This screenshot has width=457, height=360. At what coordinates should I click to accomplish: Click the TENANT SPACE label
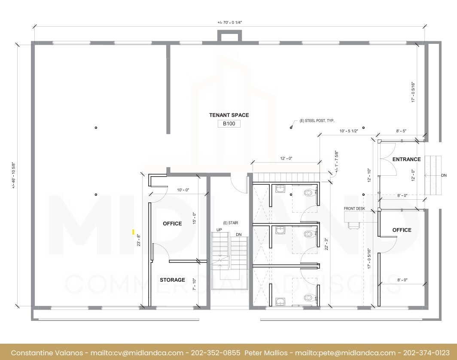(x=229, y=115)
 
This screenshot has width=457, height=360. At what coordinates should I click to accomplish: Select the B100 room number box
(x=229, y=124)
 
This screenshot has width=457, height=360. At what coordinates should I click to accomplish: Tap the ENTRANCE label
(x=406, y=159)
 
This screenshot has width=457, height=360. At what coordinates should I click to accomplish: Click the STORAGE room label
(x=172, y=280)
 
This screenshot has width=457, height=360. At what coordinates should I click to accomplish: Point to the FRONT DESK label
(x=354, y=209)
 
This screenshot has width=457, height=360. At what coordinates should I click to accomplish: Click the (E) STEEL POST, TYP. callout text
(x=317, y=121)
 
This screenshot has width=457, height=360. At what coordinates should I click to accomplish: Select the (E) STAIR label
(x=230, y=223)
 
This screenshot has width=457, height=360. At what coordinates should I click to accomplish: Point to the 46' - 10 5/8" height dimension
(x=14, y=175)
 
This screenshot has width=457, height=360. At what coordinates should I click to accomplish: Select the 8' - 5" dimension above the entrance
(x=402, y=131)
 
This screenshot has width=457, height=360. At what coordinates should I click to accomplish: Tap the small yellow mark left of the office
(x=133, y=232)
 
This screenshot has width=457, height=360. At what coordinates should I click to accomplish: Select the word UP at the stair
(x=219, y=230)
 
